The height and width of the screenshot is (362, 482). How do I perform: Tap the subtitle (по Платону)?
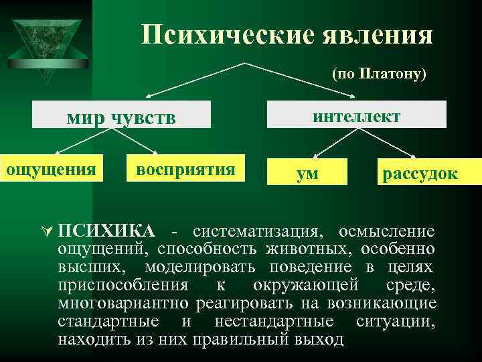[x=379, y=74]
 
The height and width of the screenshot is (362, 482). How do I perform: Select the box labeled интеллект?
[x=357, y=115]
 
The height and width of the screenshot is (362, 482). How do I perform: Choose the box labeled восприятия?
[x=185, y=169]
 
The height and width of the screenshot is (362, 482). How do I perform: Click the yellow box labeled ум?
[x=308, y=173]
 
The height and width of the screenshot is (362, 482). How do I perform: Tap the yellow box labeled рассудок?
[x=420, y=173]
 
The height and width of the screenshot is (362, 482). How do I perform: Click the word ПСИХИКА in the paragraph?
[x=106, y=232]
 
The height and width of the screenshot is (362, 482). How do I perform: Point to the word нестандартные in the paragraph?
[x=261, y=322]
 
